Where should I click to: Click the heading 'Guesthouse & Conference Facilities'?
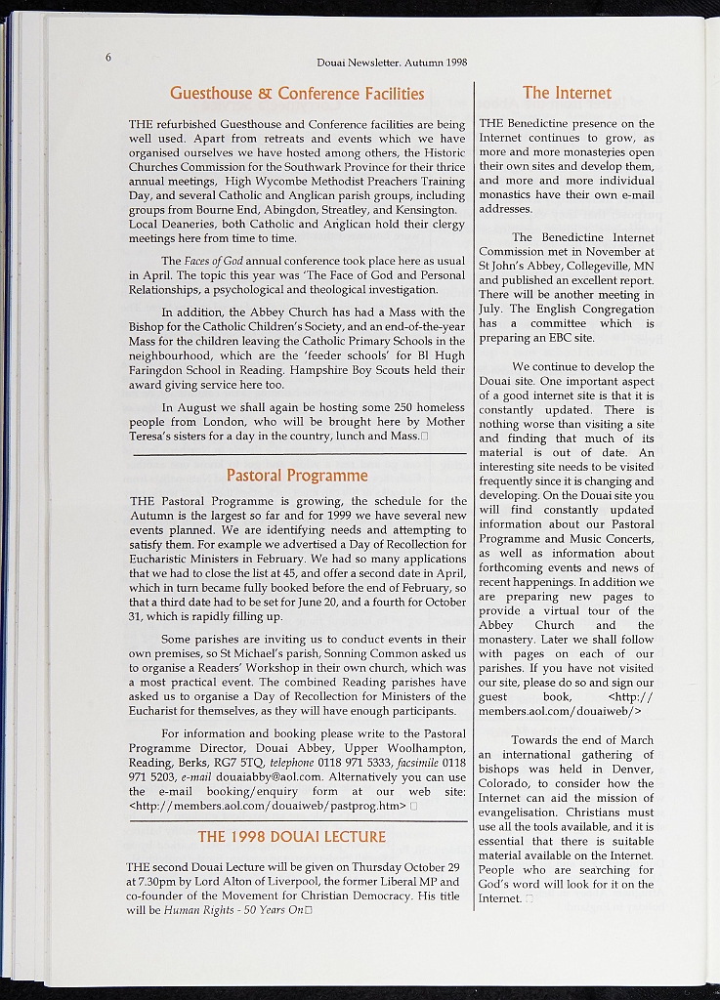tap(297, 94)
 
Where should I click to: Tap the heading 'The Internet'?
tap(567, 93)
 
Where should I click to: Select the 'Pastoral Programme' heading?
tap(297, 476)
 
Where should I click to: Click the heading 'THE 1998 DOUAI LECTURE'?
tap(291, 837)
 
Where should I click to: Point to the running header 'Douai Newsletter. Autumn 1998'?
tap(392, 62)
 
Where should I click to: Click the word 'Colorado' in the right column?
tap(505, 783)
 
